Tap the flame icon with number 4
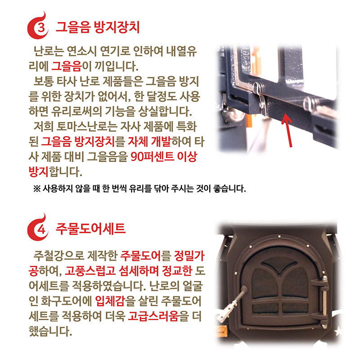click(x=38, y=229)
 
